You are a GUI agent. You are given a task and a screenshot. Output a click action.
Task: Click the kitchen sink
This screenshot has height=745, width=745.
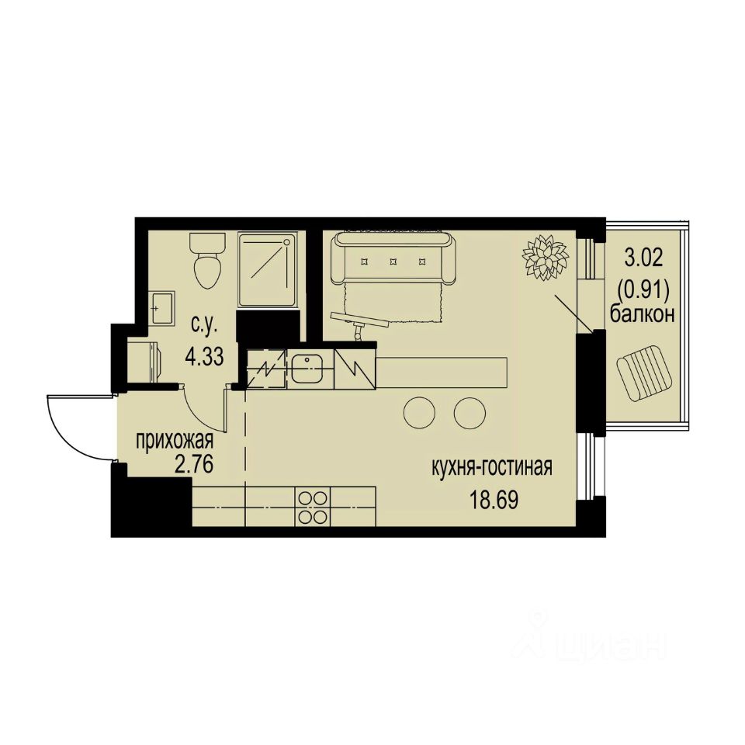click(307, 368)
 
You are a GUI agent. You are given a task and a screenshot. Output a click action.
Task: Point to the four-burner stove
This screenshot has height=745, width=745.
click(313, 507)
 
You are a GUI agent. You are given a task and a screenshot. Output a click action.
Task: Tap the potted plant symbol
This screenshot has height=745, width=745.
click(543, 257)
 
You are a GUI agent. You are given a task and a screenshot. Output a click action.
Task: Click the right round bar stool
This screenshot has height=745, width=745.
click(470, 412)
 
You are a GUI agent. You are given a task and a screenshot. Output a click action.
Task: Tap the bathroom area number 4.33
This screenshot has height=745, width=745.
click(203, 356)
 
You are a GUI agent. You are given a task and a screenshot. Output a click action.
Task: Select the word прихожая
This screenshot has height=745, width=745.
click(175, 441)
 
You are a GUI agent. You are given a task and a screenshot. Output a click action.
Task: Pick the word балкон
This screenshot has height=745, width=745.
click(641, 314)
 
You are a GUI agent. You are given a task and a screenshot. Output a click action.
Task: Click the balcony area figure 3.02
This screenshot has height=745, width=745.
click(641, 256)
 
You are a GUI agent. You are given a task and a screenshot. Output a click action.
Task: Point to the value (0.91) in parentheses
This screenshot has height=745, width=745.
click(641, 286)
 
